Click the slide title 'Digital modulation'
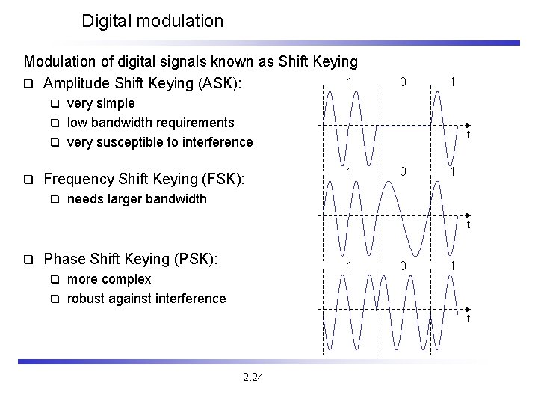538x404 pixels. (x=152, y=21)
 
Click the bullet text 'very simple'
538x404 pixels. (x=101, y=103)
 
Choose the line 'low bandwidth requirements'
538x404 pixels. (x=150, y=123)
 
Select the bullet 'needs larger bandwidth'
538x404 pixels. (x=137, y=199)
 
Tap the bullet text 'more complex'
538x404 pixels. (x=109, y=279)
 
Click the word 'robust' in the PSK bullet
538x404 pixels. (x=87, y=299)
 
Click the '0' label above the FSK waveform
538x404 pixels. (x=403, y=171)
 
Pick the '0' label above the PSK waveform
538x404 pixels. (x=403, y=266)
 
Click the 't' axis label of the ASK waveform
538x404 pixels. (x=468, y=135)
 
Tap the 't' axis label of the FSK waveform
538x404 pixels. (x=468, y=224)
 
